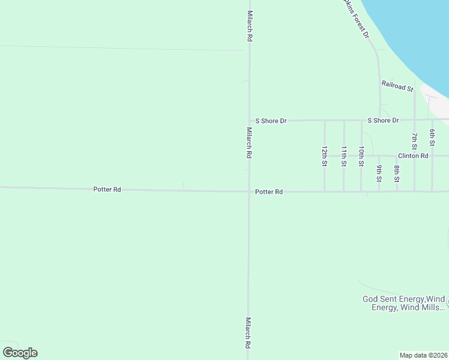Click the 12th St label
pos(324,155)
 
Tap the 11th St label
pos(344,155)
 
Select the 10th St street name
pos(361,155)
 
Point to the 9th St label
pos(379,173)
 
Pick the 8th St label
pos(397,173)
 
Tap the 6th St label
pos(432,138)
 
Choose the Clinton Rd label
pos(412,156)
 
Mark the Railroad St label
pos(397,86)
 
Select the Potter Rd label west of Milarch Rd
pos(107,190)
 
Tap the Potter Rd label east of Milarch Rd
pos(268,192)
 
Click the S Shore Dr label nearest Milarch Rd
pos(271,121)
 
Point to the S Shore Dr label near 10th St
pos(383,121)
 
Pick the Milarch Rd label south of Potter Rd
pos(248,333)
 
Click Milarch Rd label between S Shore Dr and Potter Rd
pos(249,142)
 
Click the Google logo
pos(20,353)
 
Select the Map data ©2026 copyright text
pos(423,355)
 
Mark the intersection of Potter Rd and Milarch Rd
pos(249,191)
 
